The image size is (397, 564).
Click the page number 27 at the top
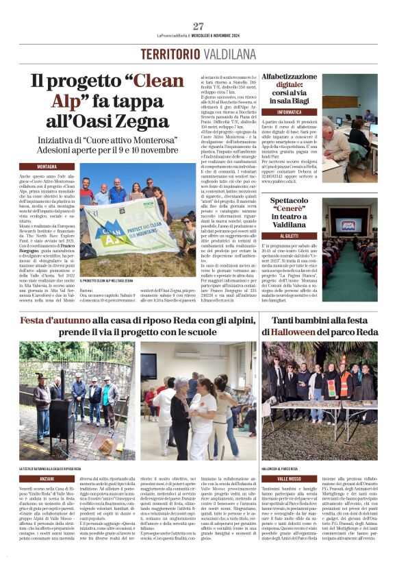point(198,26)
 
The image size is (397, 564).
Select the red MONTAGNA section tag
point(56,167)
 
